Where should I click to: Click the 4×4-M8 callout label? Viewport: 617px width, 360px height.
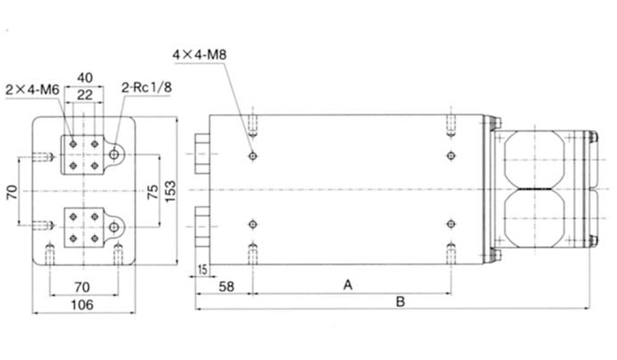point(199,54)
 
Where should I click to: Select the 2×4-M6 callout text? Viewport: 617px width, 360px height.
point(32,90)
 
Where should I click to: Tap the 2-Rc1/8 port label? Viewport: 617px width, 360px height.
point(147,87)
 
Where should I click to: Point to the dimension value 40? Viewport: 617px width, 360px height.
point(84,78)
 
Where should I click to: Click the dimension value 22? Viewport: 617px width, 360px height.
point(84,95)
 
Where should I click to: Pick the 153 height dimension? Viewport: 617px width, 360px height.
point(171,191)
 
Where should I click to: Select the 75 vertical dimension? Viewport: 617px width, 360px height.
point(153,192)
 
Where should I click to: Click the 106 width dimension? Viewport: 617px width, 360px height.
point(82,304)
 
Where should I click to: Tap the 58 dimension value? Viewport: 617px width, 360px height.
point(226,286)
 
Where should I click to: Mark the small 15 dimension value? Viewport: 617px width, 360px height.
point(202,270)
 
